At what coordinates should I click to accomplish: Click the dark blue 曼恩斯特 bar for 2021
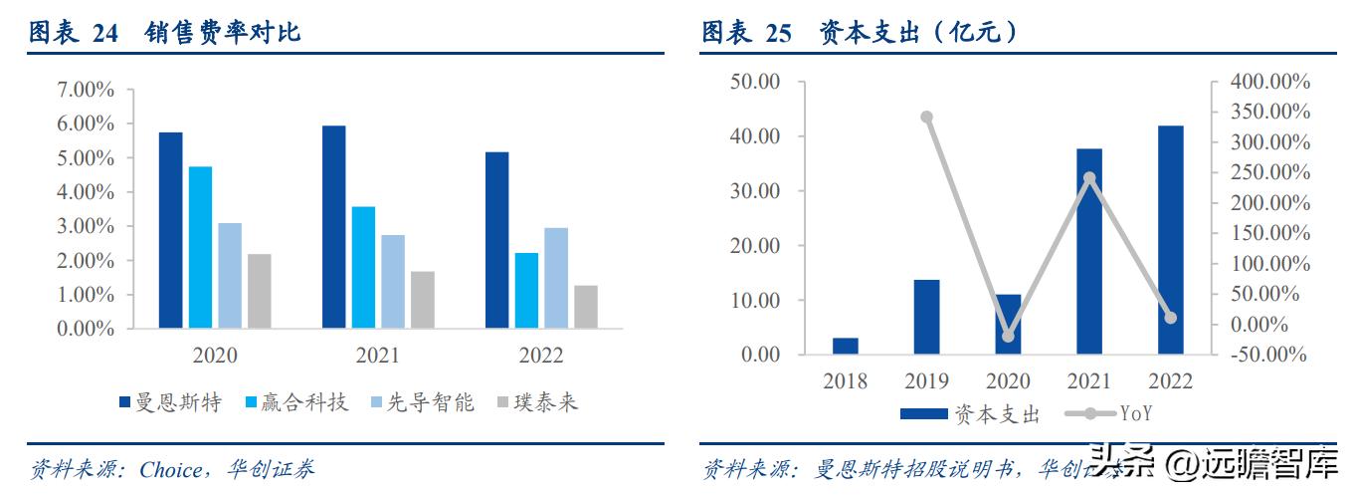click(333, 227)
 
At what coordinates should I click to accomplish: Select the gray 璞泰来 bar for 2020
click(260, 291)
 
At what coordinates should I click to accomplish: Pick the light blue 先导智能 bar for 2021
click(393, 281)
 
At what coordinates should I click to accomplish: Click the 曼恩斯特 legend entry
click(170, 402)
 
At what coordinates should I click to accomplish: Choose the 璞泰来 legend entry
click(536, 402)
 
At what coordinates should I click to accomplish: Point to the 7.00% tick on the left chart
click(86, 91)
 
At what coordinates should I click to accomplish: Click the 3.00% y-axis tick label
click(86, 226)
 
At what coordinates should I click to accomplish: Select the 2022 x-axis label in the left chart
click(540, 356)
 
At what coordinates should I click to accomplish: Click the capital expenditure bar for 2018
click(845, 346)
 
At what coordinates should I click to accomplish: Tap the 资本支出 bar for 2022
click(1170, 239)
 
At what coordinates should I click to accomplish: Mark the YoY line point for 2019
click(926, 118)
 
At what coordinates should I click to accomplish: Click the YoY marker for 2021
click(1089, 178)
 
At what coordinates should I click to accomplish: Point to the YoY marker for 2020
click(1008, 337)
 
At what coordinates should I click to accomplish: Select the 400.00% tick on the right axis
click(1270, 82)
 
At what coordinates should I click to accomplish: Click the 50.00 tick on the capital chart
click(755, 82)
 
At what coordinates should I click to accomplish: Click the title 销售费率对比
click(223, 33)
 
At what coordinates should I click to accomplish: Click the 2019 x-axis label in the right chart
click(926, 381)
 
